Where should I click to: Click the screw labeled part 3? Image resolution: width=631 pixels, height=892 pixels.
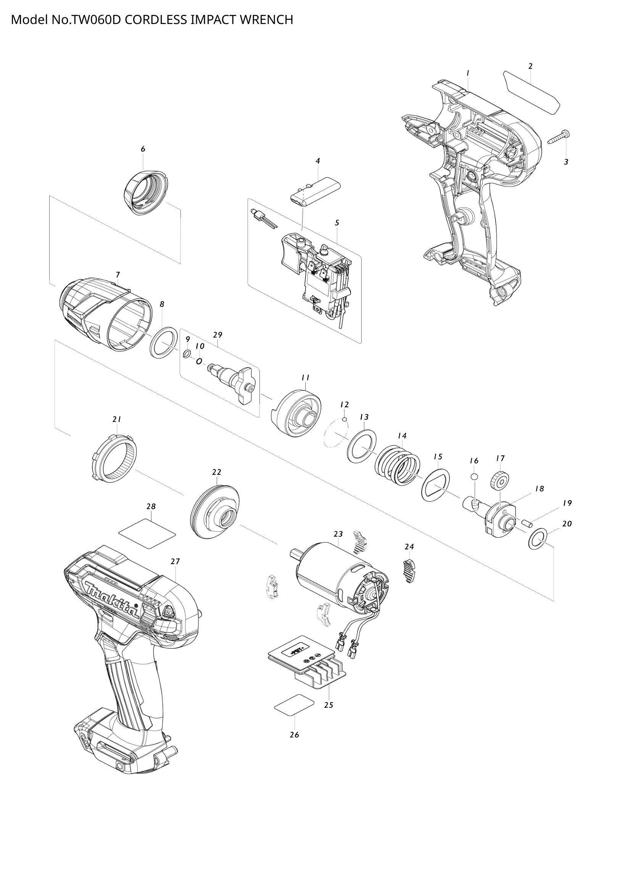(x=560, y=137)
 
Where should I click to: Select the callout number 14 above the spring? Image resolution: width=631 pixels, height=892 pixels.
(x=402, y=436)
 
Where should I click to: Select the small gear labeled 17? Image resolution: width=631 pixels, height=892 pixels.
(x=500, y=482)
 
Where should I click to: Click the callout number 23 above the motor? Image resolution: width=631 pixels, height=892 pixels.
(x=338, y=534)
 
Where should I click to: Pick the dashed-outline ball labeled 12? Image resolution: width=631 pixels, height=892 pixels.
(x=344, y=419)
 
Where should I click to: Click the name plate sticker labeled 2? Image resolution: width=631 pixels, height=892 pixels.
(x=532, y=92)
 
